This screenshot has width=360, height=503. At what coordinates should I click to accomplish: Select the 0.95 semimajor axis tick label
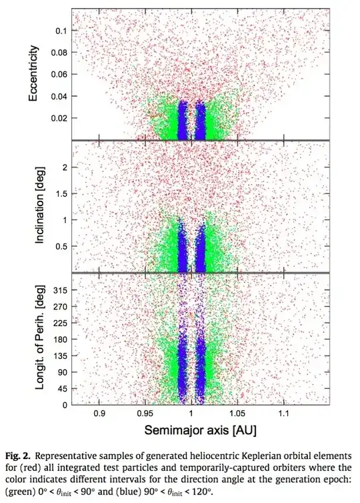click(145, 414)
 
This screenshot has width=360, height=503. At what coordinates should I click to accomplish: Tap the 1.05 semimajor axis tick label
click(237, 414)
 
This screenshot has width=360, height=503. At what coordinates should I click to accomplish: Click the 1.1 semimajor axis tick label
click(283, 414)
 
